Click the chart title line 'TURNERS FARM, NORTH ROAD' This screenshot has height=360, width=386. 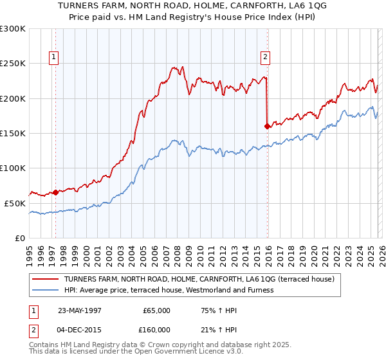tap(192, 6)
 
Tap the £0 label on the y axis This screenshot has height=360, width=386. tap(19, 238)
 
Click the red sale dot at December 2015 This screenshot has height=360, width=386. tap(266, 127)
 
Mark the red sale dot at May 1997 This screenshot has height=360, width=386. tap(56, 192)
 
